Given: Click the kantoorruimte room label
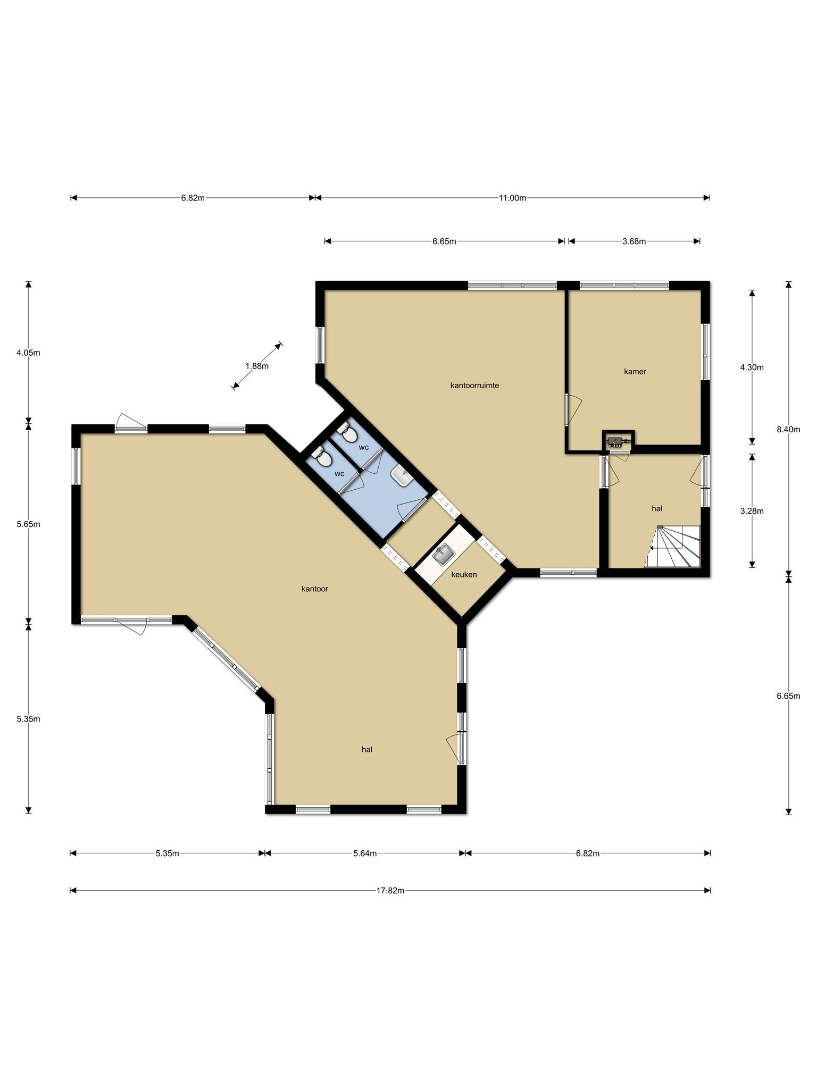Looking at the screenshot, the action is [x=474, y=386].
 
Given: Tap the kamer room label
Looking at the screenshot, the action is [x=635, y=372].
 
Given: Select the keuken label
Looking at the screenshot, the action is [x=464, y=574].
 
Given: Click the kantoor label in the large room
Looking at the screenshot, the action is [x=315, y=589].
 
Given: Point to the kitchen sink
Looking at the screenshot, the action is [x=443, y=555].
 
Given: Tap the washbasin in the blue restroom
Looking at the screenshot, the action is [x=402, y=476].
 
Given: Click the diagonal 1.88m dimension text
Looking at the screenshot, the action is [x=257, y=366].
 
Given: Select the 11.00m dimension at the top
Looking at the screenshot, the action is [x=512, y=198].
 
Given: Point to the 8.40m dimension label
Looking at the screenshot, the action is [x=788, y=430].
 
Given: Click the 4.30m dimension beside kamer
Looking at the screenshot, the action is [x=752, y=367].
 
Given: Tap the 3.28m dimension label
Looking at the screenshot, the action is [x=752, y=511].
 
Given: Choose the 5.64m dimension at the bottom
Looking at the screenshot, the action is [x=365, y=853].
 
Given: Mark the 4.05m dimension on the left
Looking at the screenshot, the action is [x=29, y=353].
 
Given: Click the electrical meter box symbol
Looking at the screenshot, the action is [x=618, y=440].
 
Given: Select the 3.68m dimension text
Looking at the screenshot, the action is [x=634, y=241].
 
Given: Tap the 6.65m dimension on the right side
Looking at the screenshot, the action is [x=788, y=696].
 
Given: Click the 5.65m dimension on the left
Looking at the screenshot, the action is [x=29, y=524].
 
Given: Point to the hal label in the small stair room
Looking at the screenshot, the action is [x=657, y=508].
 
